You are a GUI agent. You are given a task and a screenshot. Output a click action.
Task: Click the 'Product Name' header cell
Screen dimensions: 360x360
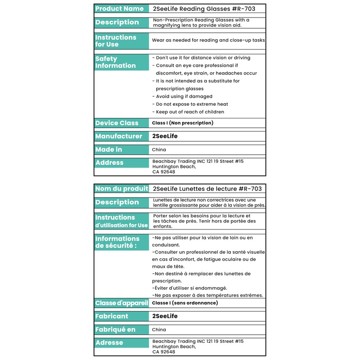point(120,9)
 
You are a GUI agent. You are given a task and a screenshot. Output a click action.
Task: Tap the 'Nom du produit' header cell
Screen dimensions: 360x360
point(121,189)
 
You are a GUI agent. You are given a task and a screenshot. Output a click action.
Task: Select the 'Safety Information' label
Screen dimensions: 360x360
point(116,62)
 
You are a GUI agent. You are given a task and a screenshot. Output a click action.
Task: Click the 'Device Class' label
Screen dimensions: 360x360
point(117,123)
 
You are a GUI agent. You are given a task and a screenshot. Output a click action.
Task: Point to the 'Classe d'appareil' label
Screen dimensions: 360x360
point(121,303)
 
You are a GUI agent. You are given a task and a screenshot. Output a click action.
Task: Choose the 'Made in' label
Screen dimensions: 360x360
point(109,149)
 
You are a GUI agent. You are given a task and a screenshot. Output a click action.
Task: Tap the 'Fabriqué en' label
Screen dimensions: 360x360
point(116,329)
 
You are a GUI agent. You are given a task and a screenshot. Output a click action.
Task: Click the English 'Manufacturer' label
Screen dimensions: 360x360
point(119,136)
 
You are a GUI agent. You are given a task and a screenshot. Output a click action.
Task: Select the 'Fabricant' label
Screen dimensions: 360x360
point(112,316)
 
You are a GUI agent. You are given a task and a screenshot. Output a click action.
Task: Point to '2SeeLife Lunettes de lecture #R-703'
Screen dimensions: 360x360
point(207,189)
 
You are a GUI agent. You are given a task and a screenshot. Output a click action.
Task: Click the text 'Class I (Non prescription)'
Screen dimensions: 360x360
point(183,123)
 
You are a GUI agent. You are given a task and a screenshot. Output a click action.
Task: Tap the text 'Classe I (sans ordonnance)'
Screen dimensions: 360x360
point(185,303)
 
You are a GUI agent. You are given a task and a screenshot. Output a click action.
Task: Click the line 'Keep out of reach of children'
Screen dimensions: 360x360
point(188,112)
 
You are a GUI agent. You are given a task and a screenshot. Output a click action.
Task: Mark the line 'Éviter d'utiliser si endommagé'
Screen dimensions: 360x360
point(189,288)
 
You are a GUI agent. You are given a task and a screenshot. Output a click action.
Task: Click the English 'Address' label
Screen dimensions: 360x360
point(109,162)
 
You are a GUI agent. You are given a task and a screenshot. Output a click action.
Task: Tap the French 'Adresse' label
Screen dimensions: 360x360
point(109,342)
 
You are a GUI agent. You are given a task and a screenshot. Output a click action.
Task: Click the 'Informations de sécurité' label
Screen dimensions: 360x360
point(117,242)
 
